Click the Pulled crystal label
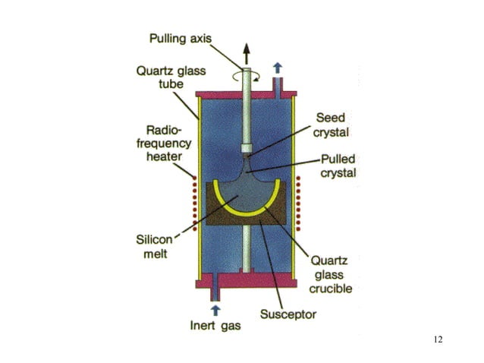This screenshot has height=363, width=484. point(338,166)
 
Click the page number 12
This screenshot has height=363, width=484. point(438,339)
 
